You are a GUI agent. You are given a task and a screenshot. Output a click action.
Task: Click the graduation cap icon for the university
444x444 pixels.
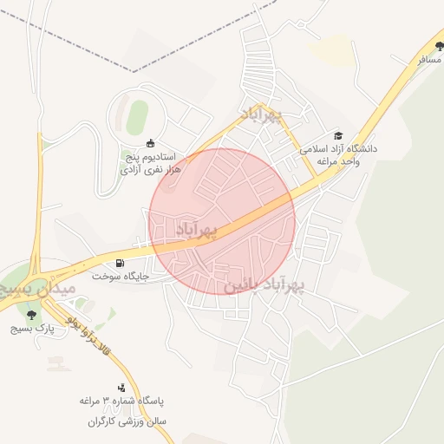tap(338, 135)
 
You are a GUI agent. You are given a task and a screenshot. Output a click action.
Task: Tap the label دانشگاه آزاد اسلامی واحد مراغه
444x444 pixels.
tap(340, 155)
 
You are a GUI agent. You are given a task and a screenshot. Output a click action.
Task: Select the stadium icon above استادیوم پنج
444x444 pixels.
tap(151, 143)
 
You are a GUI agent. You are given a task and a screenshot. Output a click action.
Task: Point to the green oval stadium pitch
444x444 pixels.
tap(137, 117)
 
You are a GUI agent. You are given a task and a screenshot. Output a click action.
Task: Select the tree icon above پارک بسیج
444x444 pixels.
tap(32, 315)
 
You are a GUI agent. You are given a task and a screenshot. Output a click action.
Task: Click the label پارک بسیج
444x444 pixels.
tap(33, 329)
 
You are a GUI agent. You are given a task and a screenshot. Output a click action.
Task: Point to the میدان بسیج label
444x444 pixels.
tap(38, 287)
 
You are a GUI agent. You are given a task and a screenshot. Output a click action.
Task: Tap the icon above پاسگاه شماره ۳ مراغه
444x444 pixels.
tap(121, 388)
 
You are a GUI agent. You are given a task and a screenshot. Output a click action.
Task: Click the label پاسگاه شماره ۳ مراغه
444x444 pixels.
tap(122, 402)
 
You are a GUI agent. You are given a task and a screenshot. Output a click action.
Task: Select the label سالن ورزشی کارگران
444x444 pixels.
tap(127, 421)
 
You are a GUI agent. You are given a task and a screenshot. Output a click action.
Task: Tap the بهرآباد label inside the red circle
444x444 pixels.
tap(195, 229)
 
